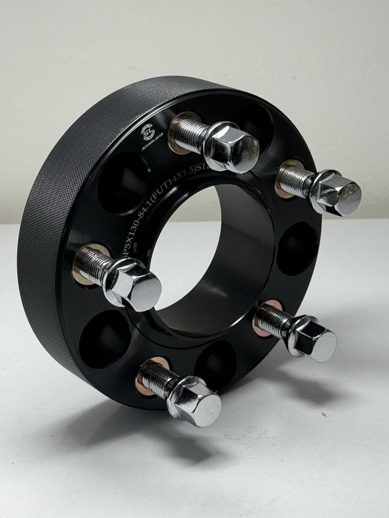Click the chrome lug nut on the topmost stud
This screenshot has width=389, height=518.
[x=230, y=147]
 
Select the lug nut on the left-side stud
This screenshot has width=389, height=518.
[x=136, y=285]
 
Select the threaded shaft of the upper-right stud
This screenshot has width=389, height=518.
[x=293, y=179]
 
